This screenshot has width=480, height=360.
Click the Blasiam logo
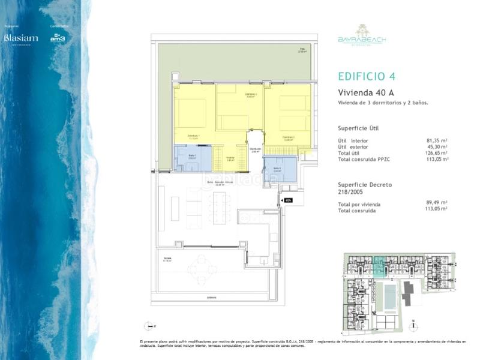20,38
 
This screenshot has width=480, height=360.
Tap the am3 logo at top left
58,38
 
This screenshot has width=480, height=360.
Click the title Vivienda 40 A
365,93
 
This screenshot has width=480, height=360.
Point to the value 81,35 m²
437,140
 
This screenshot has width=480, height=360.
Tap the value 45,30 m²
437,147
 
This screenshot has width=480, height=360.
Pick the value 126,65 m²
436,153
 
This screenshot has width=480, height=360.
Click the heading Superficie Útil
358,128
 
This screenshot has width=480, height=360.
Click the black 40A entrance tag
288,200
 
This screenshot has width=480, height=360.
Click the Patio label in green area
303,50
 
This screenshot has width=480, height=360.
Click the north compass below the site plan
413,327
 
